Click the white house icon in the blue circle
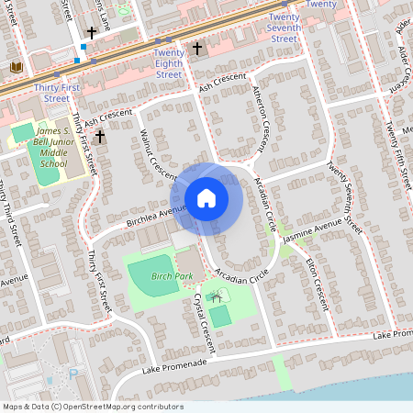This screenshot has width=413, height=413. pyautogui.click(x=206, y=197)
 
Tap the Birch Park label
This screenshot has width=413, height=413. pyautogui.click(x=173, y=275)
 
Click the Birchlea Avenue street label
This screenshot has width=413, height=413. pyautogui.click(x=149, y=217)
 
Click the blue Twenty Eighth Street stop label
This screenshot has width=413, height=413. pyautogui.click(x=168, y=63)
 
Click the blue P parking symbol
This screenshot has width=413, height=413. pyautogui.click(x=73, y=374)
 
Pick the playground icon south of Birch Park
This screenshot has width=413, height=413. pyautogui.click(x=217, y=296)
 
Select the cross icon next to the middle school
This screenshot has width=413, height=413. pyautogui.click(x=99, y=137)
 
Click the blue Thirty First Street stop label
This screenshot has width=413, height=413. pyautogui.click(x=51, y=92)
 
